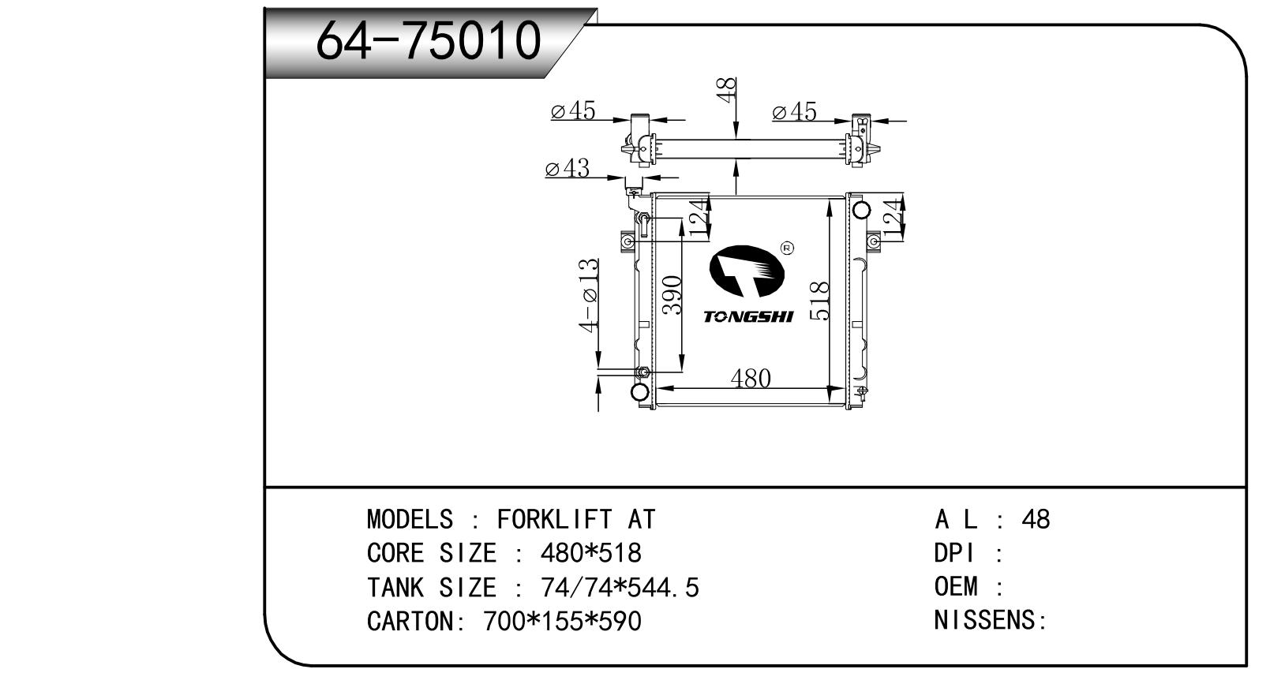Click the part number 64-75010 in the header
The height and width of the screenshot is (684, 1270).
coord(428,40)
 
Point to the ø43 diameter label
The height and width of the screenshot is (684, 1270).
coord(567,168)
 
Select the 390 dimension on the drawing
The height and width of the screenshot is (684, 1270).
coord(672,295)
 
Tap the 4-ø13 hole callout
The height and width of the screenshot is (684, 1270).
coord(589,295)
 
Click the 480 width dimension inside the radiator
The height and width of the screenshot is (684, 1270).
coord(751,379)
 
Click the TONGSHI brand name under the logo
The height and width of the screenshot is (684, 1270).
coord(747,317)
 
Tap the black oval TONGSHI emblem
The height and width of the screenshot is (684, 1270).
coord(747,271)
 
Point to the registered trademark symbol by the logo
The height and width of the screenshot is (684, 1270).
coord(788,248)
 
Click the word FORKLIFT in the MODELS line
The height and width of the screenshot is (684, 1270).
coord(555,519)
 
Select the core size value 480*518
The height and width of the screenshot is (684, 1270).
coord(590,553)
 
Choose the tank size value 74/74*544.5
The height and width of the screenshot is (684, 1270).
coord(620,587)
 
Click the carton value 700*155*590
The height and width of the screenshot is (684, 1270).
coord(563,621)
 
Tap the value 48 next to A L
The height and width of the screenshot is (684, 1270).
coord(1036,519)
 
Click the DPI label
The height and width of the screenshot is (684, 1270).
coord(955,553)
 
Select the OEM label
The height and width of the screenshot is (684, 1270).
coord(956,586)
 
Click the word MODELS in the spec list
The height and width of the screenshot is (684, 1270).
coord(410,519)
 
